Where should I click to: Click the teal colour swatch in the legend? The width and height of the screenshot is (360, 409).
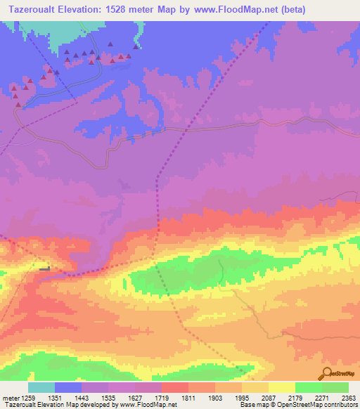click(x=41, y=388)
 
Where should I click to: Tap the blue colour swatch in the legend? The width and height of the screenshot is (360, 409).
click(x=68, y=388)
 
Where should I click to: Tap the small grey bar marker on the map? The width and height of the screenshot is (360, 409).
click(x=46, y=269)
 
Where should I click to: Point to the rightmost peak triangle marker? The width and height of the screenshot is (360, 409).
click(x=135, y=47)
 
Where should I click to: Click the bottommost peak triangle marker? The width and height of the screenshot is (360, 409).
click(x=18, y=105)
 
